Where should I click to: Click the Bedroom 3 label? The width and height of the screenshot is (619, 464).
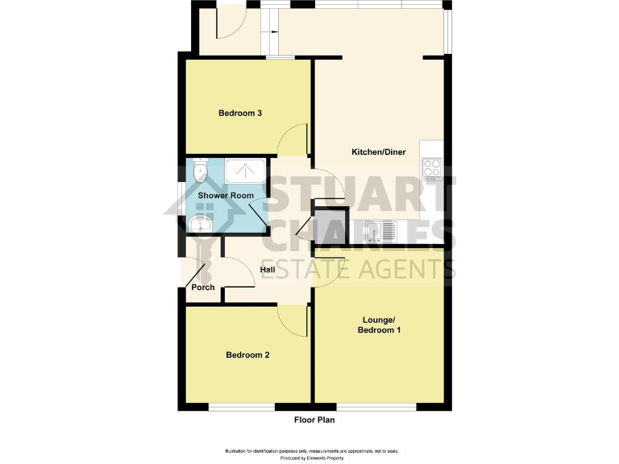coord(240,114)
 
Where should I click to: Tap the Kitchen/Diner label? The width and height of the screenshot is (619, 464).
coord(378,152)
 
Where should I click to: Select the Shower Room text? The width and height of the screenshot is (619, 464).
coord(226,196)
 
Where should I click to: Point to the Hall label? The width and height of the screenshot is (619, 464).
coord(268,270)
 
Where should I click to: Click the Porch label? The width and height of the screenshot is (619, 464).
coord(202,288)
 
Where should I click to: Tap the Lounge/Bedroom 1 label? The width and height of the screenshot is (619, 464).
coord(378,325)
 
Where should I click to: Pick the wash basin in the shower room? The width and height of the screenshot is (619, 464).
coord(200,222)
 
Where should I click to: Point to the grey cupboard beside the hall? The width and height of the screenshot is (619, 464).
coord(330,227)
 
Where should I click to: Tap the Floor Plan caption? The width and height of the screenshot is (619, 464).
coord(314,420)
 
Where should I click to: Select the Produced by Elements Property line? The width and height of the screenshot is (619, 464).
coord(309,458)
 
